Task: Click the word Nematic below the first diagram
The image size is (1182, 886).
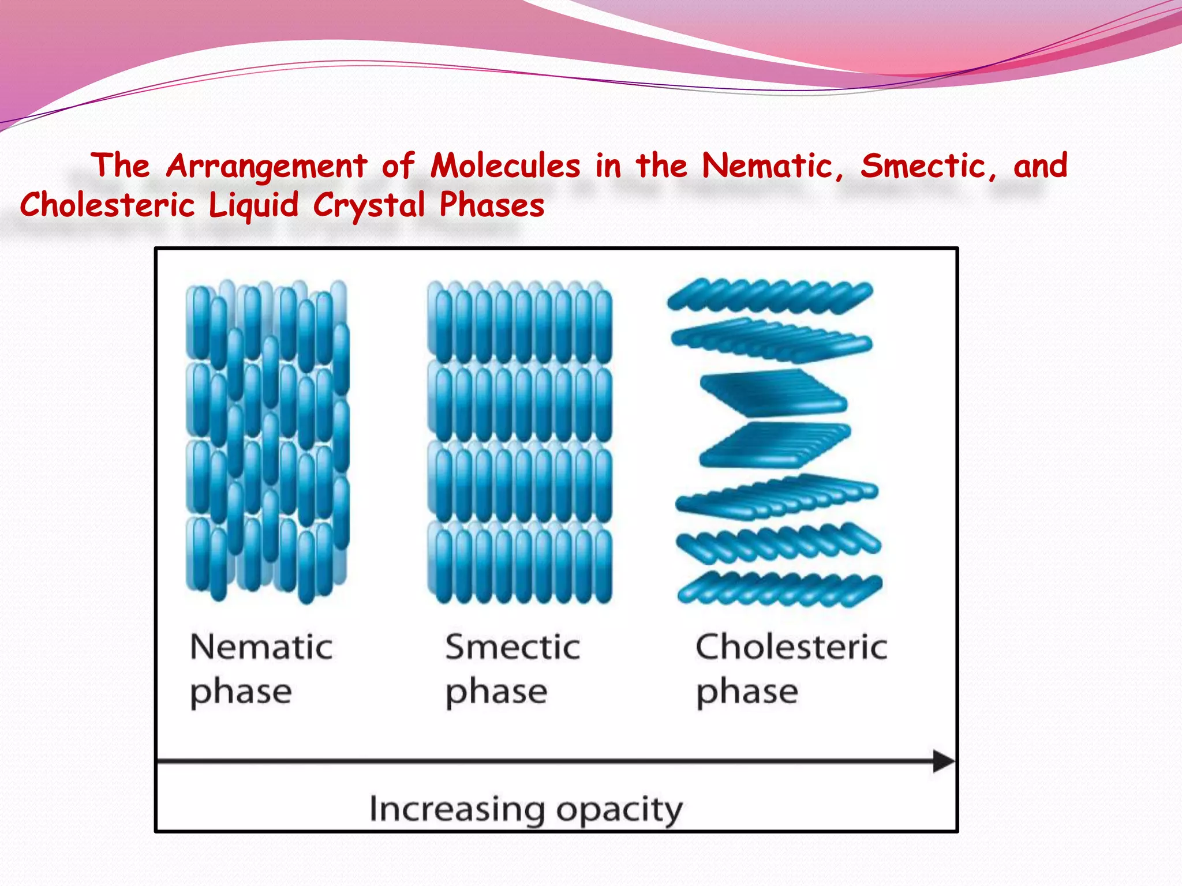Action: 261,647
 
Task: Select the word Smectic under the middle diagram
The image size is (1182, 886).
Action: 513,647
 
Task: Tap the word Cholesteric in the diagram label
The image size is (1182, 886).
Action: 791,647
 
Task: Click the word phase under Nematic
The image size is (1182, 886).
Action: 241,692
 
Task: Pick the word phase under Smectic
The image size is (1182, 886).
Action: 496,692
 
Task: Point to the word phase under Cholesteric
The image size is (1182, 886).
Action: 747,692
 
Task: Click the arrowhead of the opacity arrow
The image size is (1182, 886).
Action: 943,761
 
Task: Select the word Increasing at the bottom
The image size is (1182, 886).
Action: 457,809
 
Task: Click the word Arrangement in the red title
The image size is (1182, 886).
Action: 267,166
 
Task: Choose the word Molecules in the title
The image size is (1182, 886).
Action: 506,166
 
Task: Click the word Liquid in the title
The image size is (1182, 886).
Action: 253,205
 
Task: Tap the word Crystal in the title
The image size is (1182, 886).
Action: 369,205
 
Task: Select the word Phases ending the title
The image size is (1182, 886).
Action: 492,205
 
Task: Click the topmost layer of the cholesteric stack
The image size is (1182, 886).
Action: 770,296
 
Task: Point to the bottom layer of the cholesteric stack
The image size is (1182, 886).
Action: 779,588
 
